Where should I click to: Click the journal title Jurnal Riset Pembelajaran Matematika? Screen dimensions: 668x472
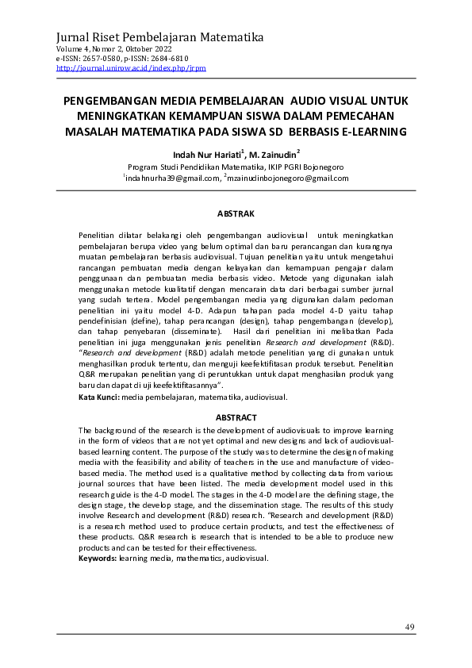click(159, 37)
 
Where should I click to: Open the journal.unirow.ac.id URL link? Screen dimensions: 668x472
click(131, 68)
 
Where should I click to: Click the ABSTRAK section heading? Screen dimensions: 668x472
click(236, 213)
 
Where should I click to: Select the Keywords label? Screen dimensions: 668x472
click(98, 559)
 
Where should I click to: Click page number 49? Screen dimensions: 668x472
click(409, 628)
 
